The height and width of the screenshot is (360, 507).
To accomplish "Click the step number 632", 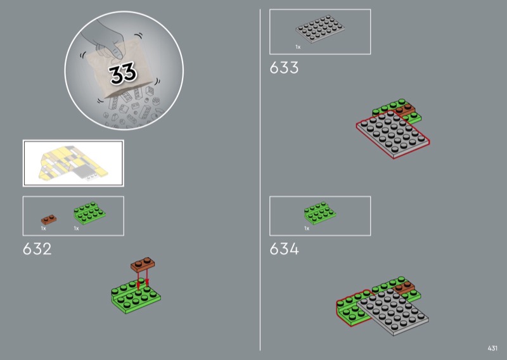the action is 37,249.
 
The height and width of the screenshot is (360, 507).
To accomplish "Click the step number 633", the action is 284,68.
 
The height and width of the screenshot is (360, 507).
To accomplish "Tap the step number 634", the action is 284,249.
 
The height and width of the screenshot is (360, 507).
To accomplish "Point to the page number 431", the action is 492,348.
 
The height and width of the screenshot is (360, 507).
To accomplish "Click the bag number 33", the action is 123,74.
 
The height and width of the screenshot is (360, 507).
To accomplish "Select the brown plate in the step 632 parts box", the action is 49,219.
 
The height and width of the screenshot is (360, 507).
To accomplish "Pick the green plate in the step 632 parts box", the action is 89,213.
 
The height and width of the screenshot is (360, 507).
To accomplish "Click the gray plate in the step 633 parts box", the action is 320,29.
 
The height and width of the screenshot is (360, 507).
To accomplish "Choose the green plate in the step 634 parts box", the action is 320,213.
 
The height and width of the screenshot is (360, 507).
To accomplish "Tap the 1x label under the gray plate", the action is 298,48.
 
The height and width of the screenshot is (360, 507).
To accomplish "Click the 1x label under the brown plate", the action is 43,228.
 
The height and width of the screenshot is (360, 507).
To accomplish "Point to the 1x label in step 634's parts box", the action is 307,228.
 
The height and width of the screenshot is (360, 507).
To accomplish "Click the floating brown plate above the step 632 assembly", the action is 143,264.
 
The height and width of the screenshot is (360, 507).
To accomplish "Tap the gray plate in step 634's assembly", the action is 393,311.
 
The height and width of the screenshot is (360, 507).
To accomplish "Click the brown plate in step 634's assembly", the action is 405,288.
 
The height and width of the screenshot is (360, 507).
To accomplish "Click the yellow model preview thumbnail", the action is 74,164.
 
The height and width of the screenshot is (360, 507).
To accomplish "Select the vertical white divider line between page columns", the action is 260,180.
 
